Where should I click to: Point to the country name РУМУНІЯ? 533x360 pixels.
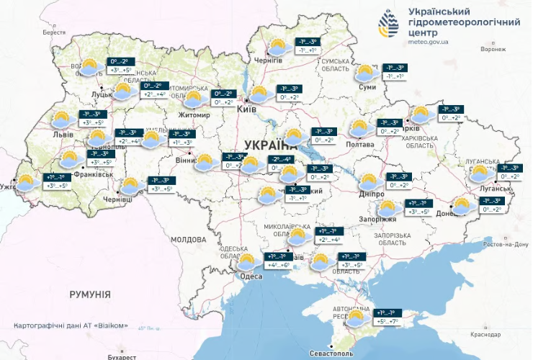pyautogui.click(x=90, y=294)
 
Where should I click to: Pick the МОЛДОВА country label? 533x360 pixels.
pyautogui.click(x=189, y=239)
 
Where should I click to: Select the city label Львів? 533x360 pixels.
pyautogui.click(x=63, y=134)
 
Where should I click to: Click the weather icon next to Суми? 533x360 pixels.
pyautogui.click(x=366, y=73)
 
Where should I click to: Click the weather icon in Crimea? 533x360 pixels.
pyautogui.click(x=356, y=318)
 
